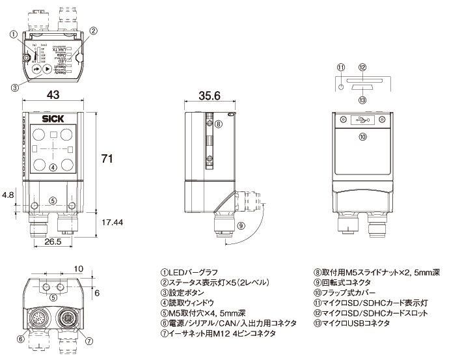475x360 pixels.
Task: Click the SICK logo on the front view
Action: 53,118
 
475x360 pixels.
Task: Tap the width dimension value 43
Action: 53,95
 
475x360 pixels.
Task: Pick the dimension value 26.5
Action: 53,242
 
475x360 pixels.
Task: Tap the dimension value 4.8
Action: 8,195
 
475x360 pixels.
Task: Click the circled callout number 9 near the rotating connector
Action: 241,226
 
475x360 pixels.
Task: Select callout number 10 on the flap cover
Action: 362,136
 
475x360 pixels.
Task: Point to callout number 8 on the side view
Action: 219,124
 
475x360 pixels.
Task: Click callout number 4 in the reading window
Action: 53,166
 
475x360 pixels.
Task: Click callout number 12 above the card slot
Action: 362,66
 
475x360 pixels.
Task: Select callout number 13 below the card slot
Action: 362,100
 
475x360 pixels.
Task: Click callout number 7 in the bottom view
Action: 89,339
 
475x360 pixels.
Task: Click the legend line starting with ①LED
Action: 189,272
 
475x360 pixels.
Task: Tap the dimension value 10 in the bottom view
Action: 78,268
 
